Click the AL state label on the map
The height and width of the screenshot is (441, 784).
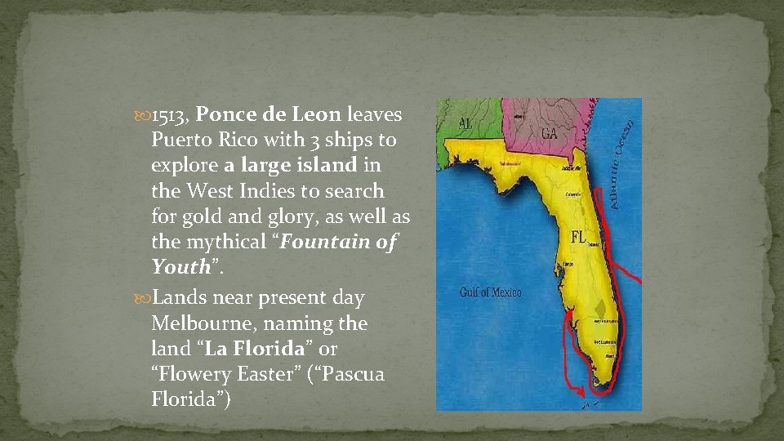[465, 123]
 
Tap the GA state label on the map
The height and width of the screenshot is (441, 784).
[548, 133]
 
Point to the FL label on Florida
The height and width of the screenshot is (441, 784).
[577, 238]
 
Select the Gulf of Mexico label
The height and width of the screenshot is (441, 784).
[490, 292]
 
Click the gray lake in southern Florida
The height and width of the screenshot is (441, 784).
[604, 310]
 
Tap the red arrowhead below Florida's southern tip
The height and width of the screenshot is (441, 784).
[581, 393]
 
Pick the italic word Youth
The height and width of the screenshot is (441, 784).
[180, 267]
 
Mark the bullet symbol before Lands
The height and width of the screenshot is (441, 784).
[145, 298]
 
